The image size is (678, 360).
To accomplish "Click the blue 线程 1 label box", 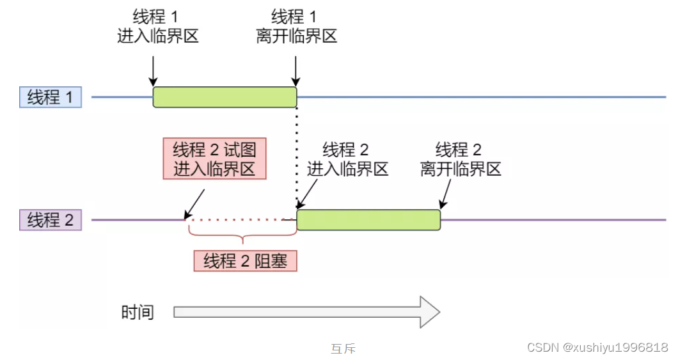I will (51, 97).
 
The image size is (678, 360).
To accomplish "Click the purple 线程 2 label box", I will (51, 220).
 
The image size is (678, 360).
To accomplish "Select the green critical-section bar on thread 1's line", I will (225, 97).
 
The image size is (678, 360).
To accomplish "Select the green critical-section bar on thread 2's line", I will (368, 220).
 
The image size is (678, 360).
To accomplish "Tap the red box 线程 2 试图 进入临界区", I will (214, 159).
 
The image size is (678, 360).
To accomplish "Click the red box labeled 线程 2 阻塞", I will (246, 261).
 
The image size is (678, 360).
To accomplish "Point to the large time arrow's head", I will (429, 312).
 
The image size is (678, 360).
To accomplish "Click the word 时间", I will (138, 313).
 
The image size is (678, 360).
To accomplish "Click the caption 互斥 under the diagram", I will (343, 348).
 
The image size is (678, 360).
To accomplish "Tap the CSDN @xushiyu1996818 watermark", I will (597, 347).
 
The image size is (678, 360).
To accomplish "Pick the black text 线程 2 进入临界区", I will (347, 160).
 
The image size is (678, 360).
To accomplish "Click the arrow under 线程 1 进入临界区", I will (153, 71).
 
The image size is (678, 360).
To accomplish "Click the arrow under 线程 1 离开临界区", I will (296, 71).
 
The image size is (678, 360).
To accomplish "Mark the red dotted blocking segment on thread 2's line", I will (240, 220).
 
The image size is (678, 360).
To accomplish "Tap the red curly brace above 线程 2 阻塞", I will (242, 240).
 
